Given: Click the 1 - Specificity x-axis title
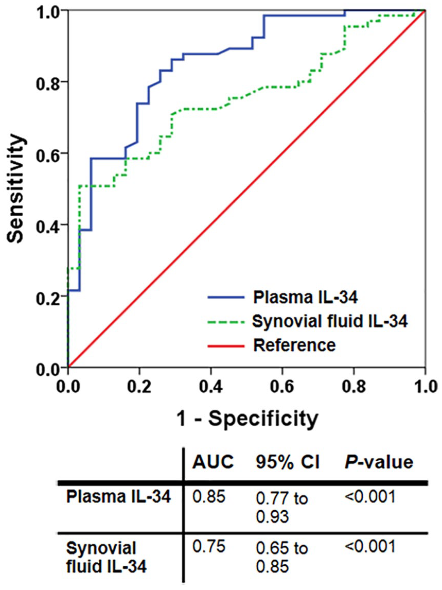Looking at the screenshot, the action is tap(247, 418).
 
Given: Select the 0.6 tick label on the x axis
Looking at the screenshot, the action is tap(282, 387).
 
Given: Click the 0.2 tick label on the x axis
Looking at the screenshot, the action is tap(139, 387).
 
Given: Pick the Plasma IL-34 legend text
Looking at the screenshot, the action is tap(305, 297).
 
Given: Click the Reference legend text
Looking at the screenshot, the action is tap(294, 344).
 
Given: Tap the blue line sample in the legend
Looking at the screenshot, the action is tap(226, 297).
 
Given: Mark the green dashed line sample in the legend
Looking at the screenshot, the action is tap(226, 321).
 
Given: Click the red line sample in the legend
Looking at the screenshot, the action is tap(226, 345).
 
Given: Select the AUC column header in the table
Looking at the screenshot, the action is tap(213, 462).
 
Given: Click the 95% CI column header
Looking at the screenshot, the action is tap(288, 462).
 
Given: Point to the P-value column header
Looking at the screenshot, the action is tap(379, 462).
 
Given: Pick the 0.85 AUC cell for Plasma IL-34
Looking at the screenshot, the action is tap(209, 497).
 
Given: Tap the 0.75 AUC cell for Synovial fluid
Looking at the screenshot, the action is tap(209, 546).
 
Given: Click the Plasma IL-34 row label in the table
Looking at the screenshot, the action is tap(118, 497).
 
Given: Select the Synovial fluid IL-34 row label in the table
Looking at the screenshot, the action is tap(107, 557).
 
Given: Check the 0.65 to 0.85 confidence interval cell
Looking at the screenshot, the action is tap(282, 557).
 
